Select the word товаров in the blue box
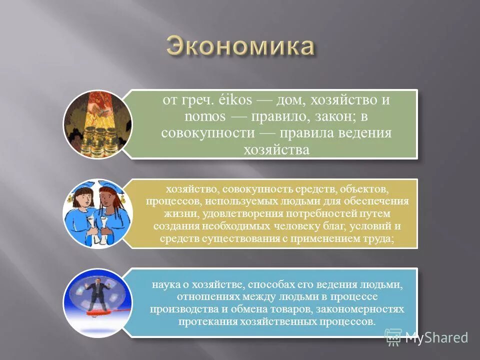pos(293,309)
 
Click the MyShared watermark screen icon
pos(393,337)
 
